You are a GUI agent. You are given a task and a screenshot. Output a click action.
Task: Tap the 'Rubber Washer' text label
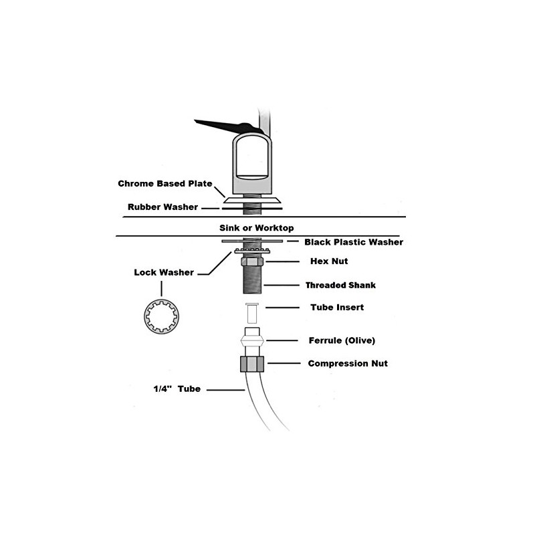point(163,207)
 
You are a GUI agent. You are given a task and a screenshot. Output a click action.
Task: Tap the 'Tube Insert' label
point(336,308)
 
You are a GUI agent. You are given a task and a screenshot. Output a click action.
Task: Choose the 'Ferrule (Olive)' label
point(341,340)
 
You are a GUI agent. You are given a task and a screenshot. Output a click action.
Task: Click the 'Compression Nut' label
point(347,364)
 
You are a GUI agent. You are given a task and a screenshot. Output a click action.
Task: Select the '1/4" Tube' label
point(172,388)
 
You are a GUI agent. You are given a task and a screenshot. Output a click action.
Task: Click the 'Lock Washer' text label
point(164,272)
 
